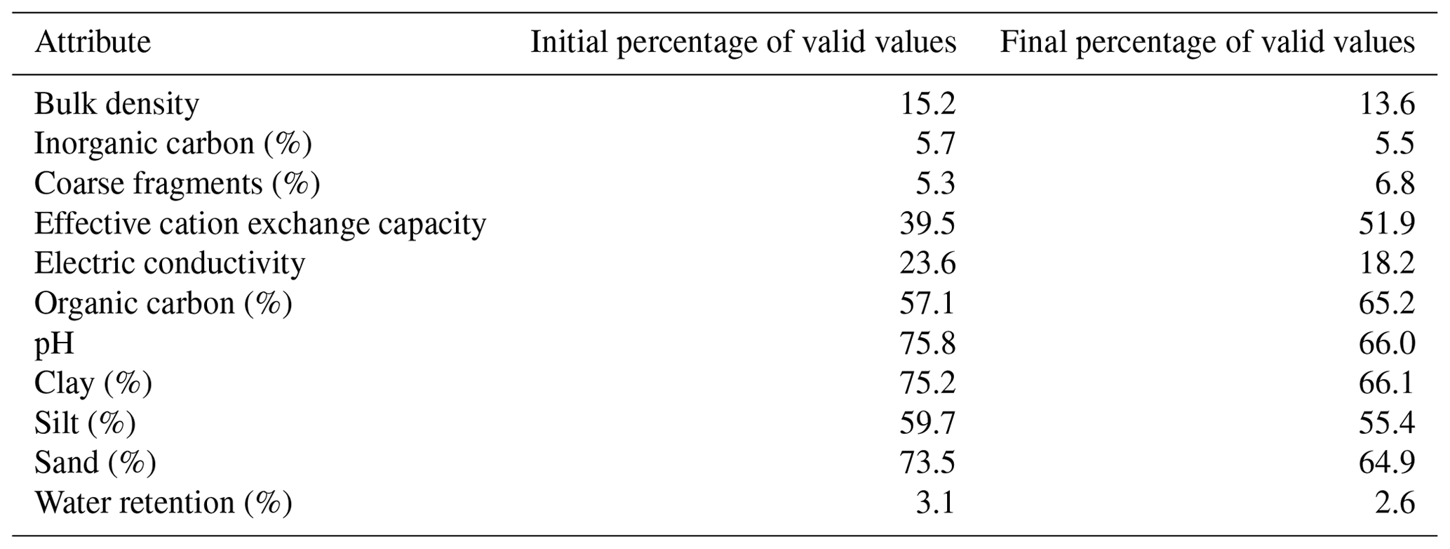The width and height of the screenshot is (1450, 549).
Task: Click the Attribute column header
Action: pyautogui.click(x=93, y=42)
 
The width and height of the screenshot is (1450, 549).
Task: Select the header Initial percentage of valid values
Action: pyautogui.click(x=743, y=43)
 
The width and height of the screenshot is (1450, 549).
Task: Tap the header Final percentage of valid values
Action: pyautogui.click(x=1207, y=43)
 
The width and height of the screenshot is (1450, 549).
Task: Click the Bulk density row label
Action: pyautogui.click(x=116, y=105)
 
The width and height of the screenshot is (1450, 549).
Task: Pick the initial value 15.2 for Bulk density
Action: pyautogui.click(x=927, y=104)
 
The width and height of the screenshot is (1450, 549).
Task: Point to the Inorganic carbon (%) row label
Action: pyautogui.click(x=173, y=144)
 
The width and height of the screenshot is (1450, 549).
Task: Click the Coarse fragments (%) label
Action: pyautogui.click(x=177, y=184)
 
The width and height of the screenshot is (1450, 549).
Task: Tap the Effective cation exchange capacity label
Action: pyautogui.click(x=260, y=224)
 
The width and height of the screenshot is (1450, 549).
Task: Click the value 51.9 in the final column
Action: pyautogui.click(x=1388, y=224)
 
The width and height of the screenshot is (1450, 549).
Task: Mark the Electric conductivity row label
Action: pyautogui.click(x=170, y=264)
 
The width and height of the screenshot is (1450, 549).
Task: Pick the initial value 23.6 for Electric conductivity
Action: pyautogui.click(x=927, y=264)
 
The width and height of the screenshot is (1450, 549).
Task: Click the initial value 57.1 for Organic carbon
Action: pyautogui.click(x=927, y=304)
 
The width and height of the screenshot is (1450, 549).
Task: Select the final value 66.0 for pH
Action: pyautogui.click(x=1388, y=344)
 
